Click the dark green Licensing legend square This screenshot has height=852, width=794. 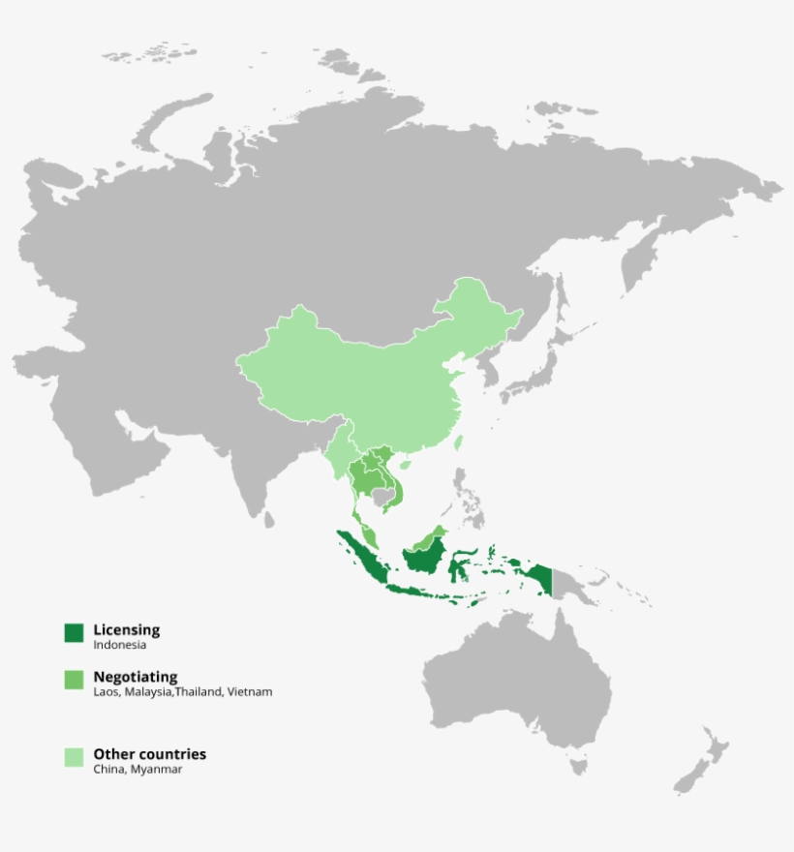click(x=75, y=632)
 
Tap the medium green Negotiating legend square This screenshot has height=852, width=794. click(x=75, y=681)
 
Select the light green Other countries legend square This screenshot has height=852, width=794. click(x=75, y=757)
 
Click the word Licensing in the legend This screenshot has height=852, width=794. click(x=127, y=630)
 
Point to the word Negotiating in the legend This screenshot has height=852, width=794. click(x=136, y=678)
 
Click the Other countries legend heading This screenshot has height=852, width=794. click(x=150, y=754)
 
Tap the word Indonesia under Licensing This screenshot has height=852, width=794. click(x=120, y=645)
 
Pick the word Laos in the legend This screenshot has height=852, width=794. click(x=106, y=692)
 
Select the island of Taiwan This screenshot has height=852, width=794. click(x=458, y=443)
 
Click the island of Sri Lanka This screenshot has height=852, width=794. click(x=268, y=520)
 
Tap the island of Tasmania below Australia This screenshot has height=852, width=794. click(x=579, y=767)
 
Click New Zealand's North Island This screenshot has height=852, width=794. click(x=714, y=745)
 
